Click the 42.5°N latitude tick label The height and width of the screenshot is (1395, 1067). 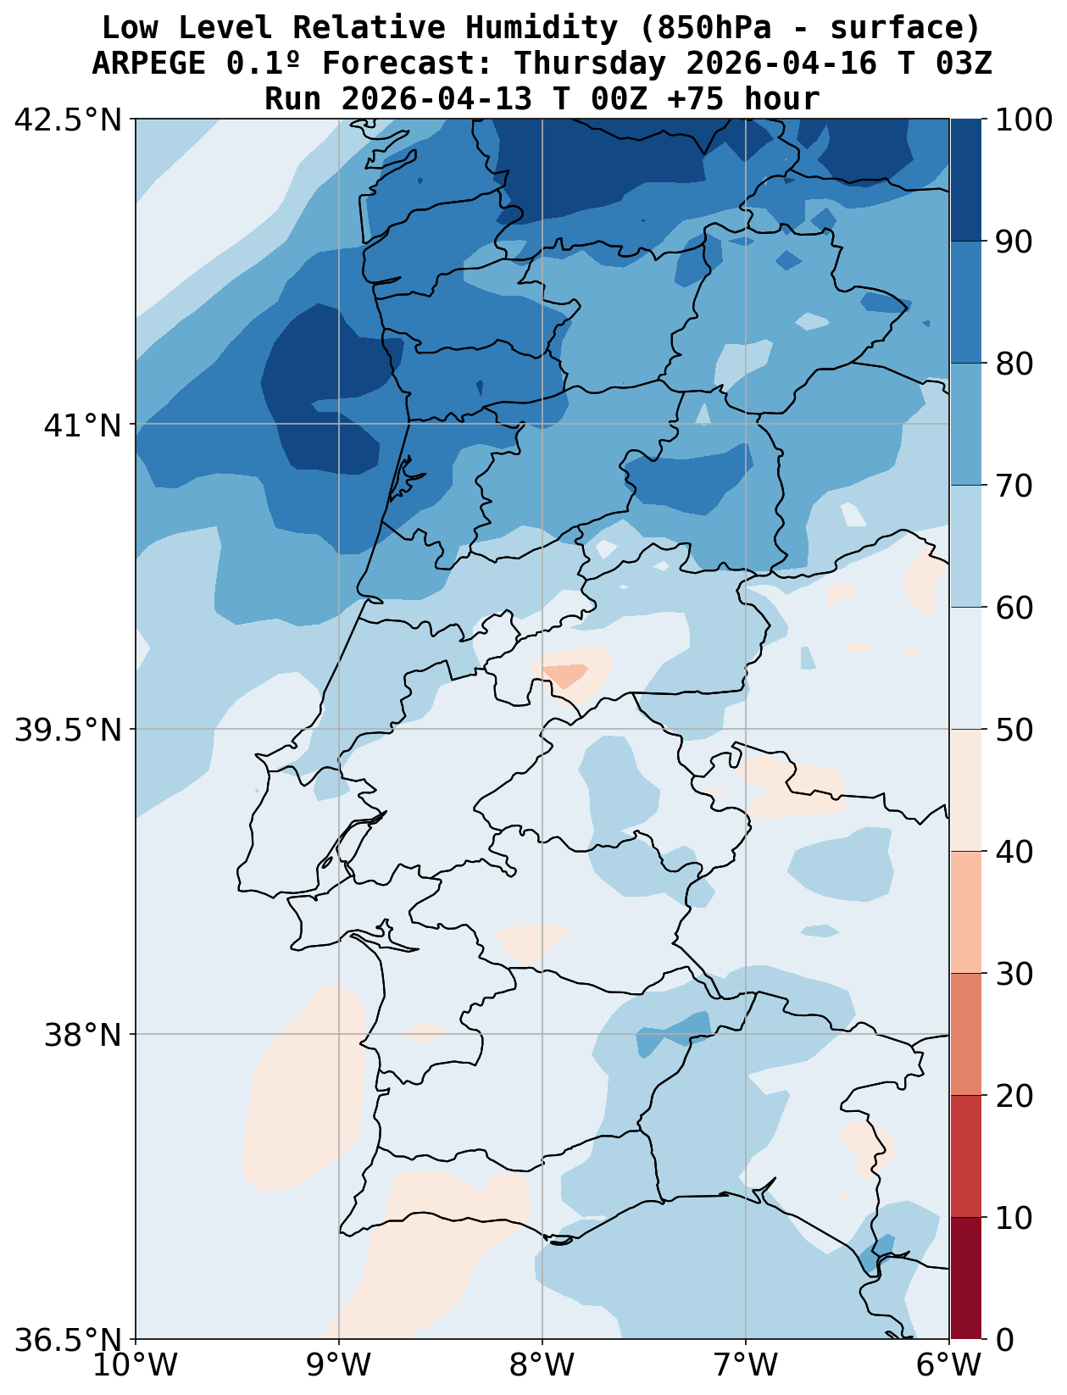[x=68, y=120]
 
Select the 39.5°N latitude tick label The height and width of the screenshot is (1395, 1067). [x=68, y=730]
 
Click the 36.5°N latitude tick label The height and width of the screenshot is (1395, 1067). [x=68, y=1340]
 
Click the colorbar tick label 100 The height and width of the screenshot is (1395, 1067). [x=1025, y=120]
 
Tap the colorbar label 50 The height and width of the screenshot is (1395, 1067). [x=1014, y=730]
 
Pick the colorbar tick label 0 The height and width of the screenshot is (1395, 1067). [x=1003, y=1340]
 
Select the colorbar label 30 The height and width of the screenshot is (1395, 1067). [x=1014, y=974]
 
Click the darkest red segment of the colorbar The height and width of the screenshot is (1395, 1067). [x=966, y=1278]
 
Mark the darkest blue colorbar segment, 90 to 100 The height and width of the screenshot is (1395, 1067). [x=966, y=181]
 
